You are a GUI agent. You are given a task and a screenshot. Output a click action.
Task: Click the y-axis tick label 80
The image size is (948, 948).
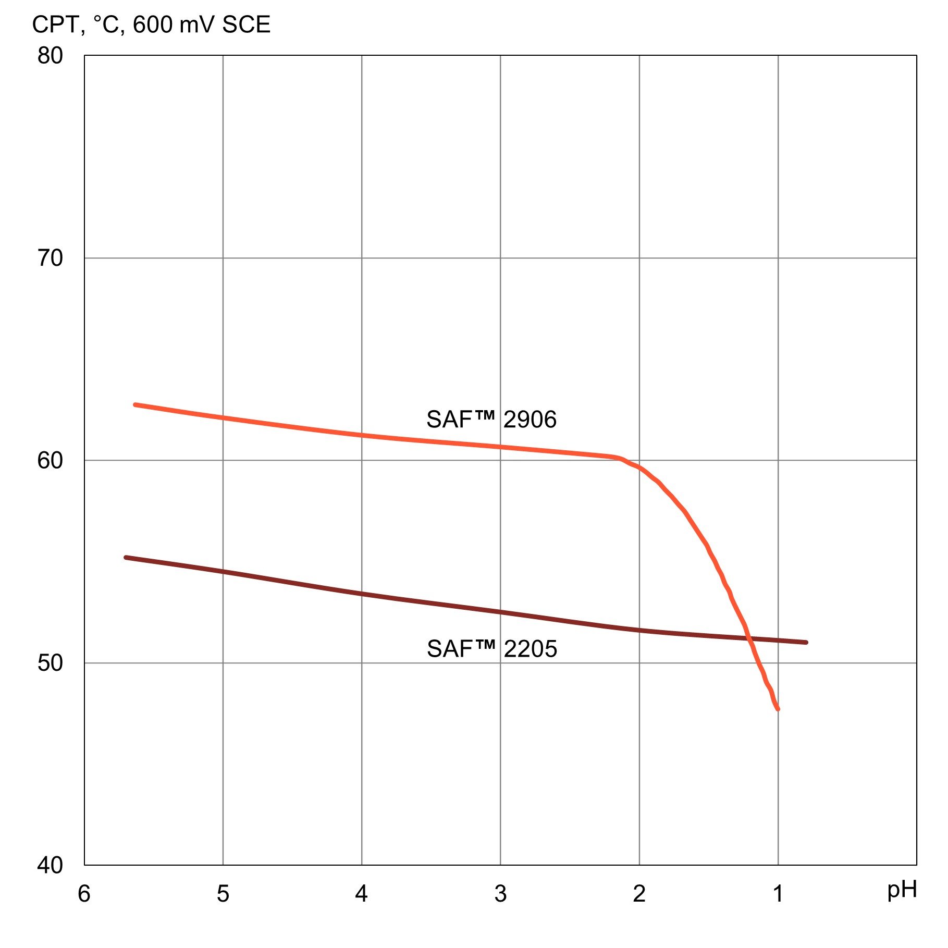point(50,56)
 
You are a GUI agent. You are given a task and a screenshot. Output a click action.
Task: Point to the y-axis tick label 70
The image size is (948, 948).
point(50,258)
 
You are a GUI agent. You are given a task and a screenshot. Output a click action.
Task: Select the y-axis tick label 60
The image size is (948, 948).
point(50,460)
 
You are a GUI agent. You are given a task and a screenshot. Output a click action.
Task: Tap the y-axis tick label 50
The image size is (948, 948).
point(50,662)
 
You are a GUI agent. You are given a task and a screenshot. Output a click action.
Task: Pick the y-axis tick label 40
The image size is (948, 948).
point(50,865)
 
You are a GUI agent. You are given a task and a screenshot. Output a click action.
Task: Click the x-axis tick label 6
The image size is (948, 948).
point(84,894)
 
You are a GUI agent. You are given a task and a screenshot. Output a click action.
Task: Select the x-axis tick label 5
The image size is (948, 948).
point(223,894)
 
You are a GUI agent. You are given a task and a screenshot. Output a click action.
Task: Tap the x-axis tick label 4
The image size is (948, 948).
point(362,894)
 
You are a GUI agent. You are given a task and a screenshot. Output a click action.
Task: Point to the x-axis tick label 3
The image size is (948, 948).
point(500,894)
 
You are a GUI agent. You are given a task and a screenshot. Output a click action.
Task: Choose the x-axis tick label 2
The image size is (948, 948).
point(639,894)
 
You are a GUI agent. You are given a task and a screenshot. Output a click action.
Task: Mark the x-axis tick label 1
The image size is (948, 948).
point(778,894)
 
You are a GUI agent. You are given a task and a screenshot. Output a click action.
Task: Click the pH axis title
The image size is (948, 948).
point(902,890)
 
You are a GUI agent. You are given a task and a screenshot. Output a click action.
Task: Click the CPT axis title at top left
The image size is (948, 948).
point(151,24)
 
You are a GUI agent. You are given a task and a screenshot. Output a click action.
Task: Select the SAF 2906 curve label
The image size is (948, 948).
point(491,420)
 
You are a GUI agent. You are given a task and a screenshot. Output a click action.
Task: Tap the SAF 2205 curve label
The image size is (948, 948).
point(492,649)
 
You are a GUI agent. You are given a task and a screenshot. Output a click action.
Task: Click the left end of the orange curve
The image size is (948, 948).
point(135,404)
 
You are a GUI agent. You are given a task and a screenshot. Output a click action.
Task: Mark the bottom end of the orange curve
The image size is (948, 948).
point(778,709)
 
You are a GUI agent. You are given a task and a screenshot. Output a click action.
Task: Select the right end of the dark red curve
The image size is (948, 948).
point(806,643)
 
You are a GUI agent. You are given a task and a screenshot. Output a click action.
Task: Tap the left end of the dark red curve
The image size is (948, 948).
point(126,558)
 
